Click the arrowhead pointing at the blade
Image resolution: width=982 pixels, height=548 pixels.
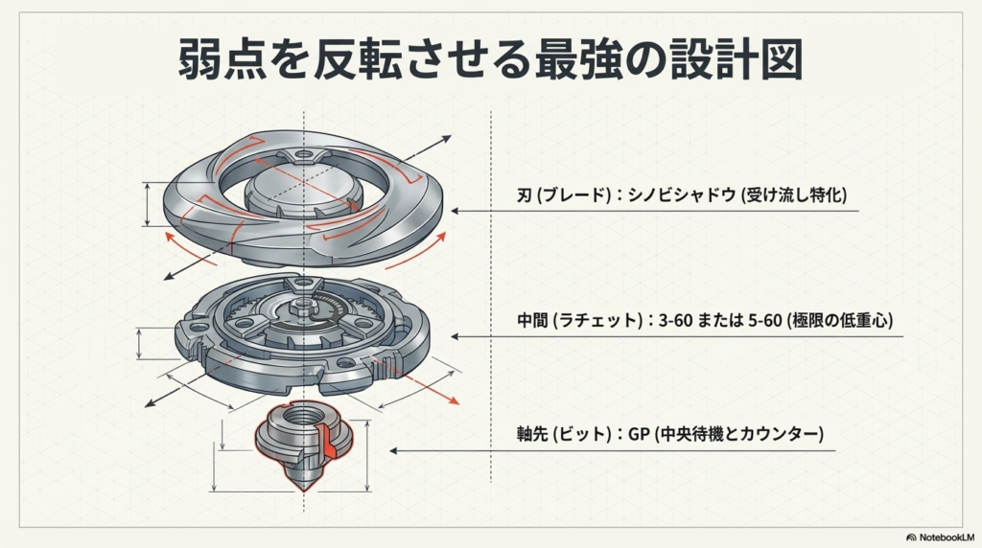click(x=457, y=211)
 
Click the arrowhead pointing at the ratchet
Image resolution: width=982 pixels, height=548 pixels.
click(x=457, y=336)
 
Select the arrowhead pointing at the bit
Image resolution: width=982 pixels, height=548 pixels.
click(x=393, y=449)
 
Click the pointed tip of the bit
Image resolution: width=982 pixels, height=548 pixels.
click(x=305, y=488)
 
